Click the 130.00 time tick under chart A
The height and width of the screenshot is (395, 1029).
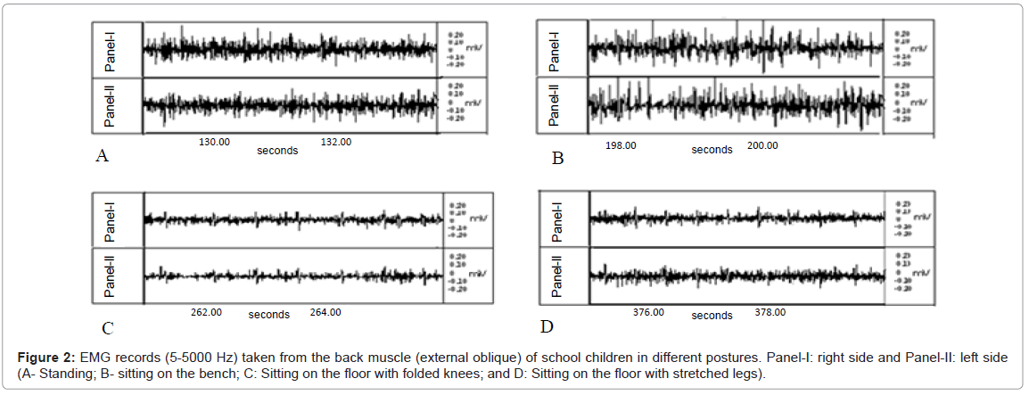pyautogui.click(x=214, y=142)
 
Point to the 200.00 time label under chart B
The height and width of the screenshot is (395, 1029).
pyautogui.click(x=761, y=145)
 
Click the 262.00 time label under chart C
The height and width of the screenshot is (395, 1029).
pyautogui.click(x=206, y=312)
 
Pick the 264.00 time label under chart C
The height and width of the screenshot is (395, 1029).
pyautogui.click(x=325, y=312)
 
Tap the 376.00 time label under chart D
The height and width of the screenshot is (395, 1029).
pyautogui.click(x=648, y=312)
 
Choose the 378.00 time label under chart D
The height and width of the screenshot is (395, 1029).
pyautogui.click(x=770, y=312)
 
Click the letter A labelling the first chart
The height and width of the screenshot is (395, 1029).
pyautogui.click(x=102, y=157)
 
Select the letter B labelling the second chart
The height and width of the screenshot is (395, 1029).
pyautogui.click(x=557, y=159)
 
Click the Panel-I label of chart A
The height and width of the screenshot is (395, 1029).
pyautogui.click(x=111, y=49)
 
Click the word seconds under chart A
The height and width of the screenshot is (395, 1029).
pyautogui.click(x=277, y=151)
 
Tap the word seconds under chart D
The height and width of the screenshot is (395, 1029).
pyautogui.click(x=712, y=315)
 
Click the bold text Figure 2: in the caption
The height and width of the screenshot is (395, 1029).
pyautogui.click(x=47, y=358)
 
